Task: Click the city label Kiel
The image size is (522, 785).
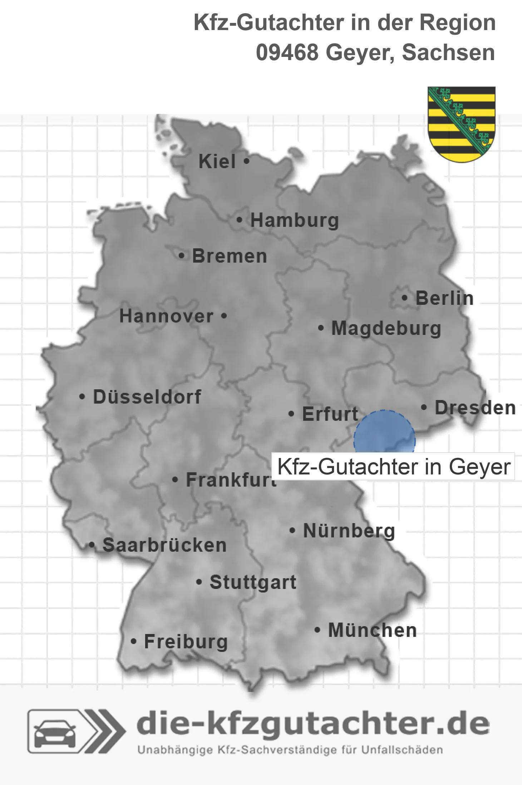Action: pos(217,161)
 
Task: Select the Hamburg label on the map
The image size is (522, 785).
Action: pos(295,220)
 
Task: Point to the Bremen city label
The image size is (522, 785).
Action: pos(230,256)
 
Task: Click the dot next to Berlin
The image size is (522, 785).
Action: pos(404,298)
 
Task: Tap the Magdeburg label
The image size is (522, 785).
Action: pos(386,328)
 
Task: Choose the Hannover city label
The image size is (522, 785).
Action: pos(166,316)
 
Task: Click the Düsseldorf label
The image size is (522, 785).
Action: pos(147,397)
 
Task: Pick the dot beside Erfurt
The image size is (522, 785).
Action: pos(291,414)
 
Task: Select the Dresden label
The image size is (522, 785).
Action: pos(475,408)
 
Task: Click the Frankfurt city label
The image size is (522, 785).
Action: pos(231,480)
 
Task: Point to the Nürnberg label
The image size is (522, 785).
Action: pos(349,531)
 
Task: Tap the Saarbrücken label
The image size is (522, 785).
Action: pos(164,545)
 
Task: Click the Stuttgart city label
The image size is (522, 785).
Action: pos(253,582)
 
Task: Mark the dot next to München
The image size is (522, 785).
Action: pos(317,630)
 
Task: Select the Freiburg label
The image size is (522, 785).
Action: pos(186,642)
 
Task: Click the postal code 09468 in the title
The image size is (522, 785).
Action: pos(287,53)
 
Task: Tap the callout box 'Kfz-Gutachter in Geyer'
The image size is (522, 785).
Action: pos(393,467)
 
